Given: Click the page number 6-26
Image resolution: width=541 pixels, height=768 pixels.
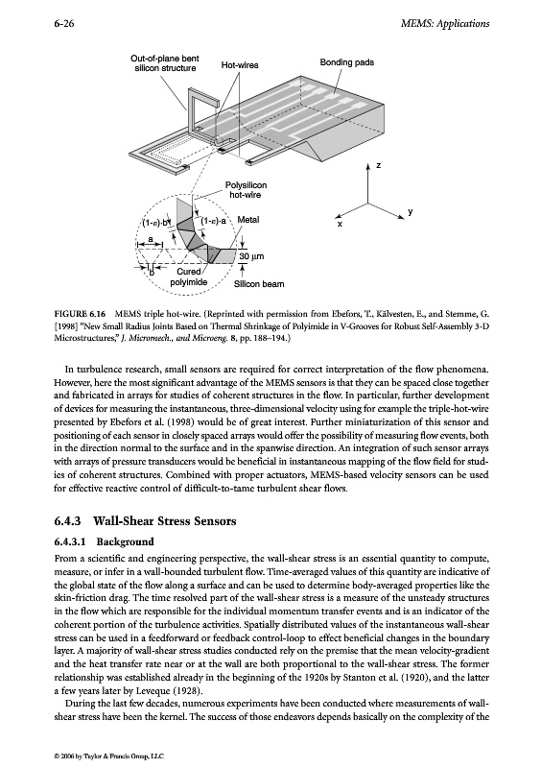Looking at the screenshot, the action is [x=64, y=23].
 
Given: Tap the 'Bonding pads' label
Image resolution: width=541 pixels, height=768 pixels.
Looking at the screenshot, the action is [x=346, y=62].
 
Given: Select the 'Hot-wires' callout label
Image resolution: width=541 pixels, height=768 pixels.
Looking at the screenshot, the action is [x=240, y=64].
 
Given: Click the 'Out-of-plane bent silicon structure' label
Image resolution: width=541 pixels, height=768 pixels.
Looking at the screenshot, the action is [x=165, y=63].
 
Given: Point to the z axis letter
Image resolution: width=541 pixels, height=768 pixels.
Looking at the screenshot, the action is [x=378, y=165].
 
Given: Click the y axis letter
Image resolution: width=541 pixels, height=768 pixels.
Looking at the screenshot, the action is [x=411, y=211].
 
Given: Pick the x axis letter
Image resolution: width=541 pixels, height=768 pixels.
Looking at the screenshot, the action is [x=340, y=224].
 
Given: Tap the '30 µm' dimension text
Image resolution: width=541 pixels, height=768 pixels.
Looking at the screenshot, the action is [x=251, y=256].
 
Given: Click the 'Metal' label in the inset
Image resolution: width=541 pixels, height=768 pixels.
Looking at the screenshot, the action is [x=247, y=220].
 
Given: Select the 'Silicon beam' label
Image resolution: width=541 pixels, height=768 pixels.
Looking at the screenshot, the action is [x=258, y=284].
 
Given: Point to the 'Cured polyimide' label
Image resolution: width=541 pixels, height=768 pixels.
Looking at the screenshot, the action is [x=189, y=277].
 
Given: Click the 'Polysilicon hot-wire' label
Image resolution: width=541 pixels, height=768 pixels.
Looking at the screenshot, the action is [x=246, y=190].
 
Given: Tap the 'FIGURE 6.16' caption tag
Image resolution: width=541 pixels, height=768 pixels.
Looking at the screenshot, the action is [x=80, y=314].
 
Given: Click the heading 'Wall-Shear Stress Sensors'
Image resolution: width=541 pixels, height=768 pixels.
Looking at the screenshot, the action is [x=164, y=520].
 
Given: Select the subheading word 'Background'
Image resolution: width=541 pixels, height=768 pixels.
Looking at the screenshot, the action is [x=125, y=541].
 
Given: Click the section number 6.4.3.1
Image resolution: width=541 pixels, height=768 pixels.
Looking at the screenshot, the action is [x=70, y=541].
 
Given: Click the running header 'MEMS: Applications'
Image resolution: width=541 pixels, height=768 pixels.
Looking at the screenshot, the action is [x=444, y=23].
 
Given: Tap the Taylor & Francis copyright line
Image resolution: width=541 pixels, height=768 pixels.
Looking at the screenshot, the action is [x=109, y=756].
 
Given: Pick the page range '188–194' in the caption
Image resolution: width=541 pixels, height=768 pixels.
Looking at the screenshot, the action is [x=273, y=339].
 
